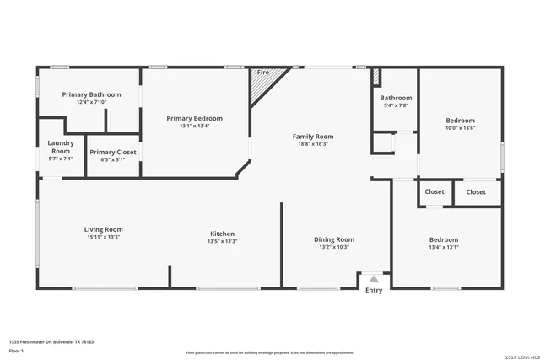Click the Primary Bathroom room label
pos(88,95)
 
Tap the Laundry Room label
pos(61,147)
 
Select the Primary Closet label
pos(113,152)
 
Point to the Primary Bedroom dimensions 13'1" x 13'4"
pos(194,126)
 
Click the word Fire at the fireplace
pos(262,73)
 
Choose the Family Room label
pos(313,137)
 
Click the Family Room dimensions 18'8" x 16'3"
pos(313,144)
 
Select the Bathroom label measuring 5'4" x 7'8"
pos(396,98)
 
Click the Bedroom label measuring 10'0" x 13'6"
pos(460,121)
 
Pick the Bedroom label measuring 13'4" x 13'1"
pos(444,239)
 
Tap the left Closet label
pos(435,191)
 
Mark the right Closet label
pos(477,191)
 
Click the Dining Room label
pos(334,239)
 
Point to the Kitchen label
pos(222,234)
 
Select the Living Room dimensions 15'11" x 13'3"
pos(103,237)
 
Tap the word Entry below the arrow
pos(374,291)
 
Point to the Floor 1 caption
pos(17,350)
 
